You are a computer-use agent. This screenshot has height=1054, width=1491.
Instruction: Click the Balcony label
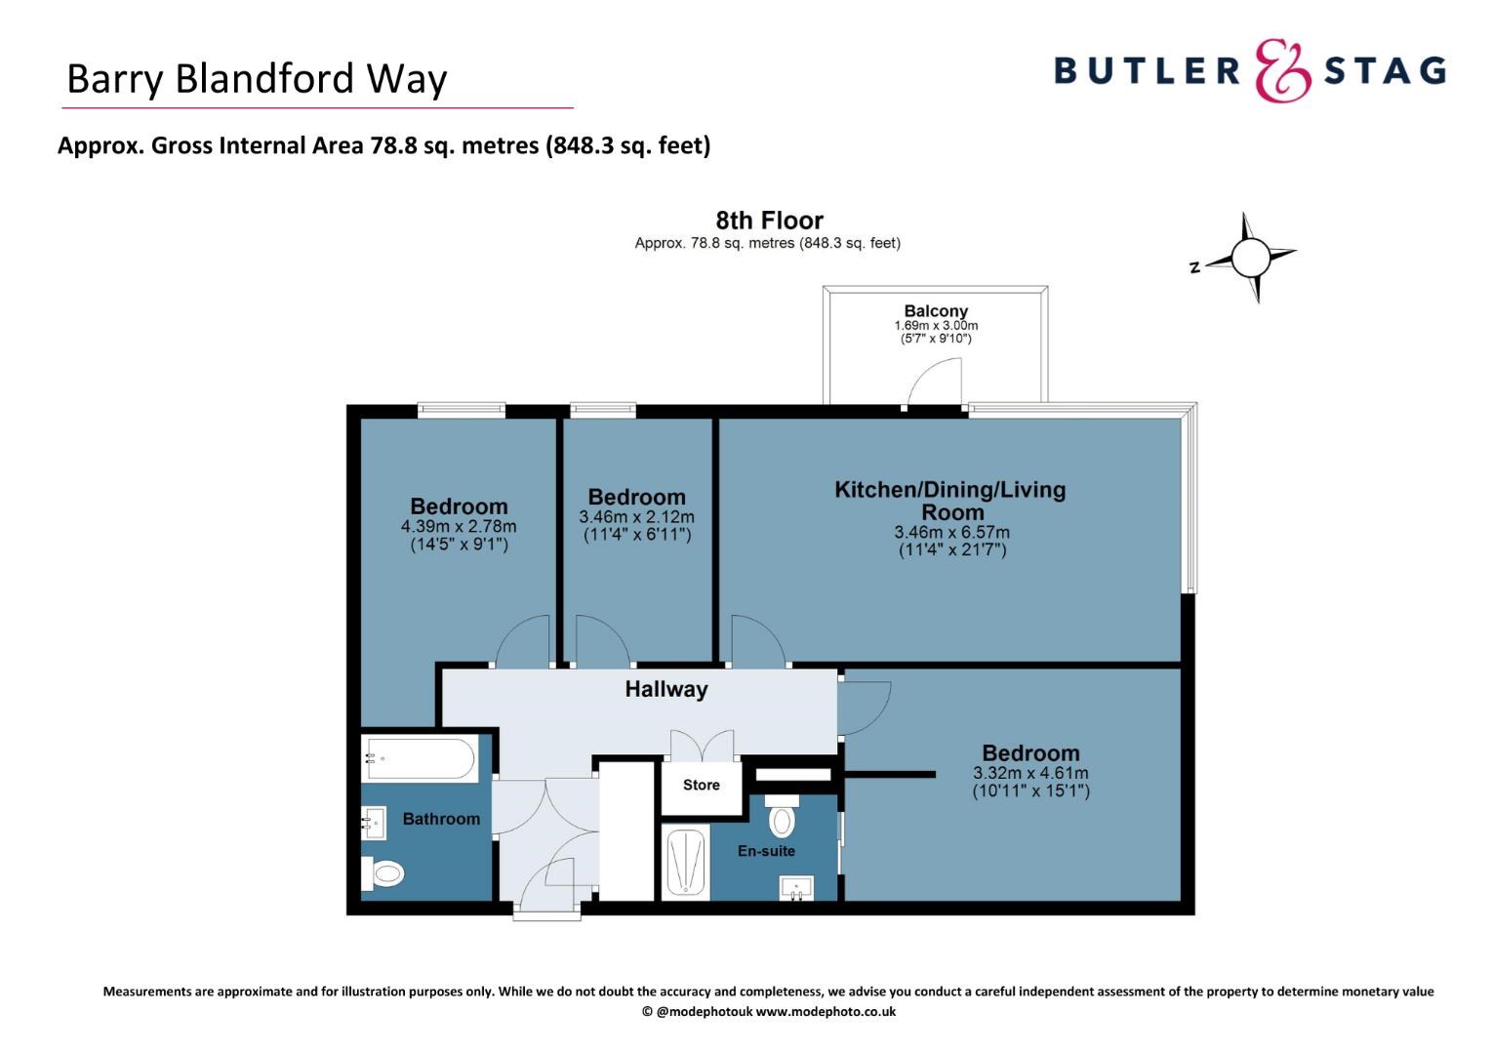935,311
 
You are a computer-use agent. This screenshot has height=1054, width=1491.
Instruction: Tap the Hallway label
665,689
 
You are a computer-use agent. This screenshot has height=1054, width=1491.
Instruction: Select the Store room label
701,785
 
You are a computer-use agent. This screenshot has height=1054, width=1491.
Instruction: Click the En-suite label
766,851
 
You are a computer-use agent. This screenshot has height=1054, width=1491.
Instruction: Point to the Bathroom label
441,819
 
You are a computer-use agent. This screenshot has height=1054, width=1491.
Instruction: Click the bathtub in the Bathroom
420,759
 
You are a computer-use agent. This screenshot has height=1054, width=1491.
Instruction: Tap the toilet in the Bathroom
383,872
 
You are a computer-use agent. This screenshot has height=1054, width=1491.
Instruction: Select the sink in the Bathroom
374,824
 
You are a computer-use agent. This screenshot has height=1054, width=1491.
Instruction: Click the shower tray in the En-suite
686,863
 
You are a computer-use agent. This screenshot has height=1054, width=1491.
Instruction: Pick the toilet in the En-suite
782,816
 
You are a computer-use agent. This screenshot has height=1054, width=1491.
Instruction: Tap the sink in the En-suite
796,888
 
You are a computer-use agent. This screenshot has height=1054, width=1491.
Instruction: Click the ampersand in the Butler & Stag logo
1282,71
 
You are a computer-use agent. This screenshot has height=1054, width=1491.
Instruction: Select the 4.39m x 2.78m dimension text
459,527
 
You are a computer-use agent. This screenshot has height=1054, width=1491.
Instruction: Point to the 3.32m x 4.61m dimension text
1030,773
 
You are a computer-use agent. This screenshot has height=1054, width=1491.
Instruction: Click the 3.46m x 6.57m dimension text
951,533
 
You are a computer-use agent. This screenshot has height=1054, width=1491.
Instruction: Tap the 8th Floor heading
770,221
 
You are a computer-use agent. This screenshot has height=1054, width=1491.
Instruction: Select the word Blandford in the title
264,79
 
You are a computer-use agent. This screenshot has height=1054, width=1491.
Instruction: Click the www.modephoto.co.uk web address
826,1011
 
